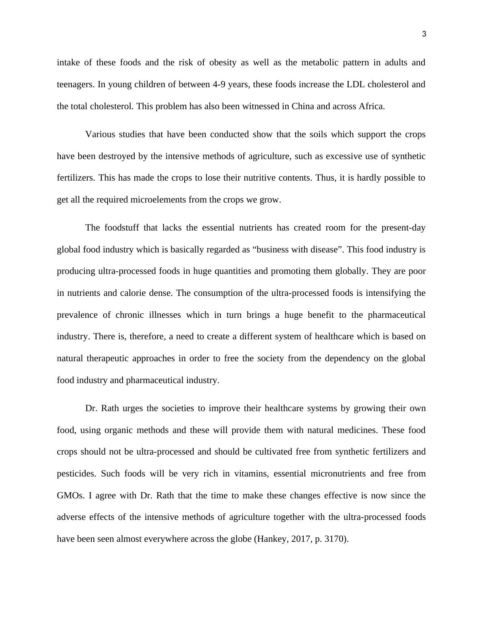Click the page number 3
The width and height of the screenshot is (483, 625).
click(x=424, y=34)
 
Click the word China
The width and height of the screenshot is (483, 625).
click(x=303, y=106)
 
